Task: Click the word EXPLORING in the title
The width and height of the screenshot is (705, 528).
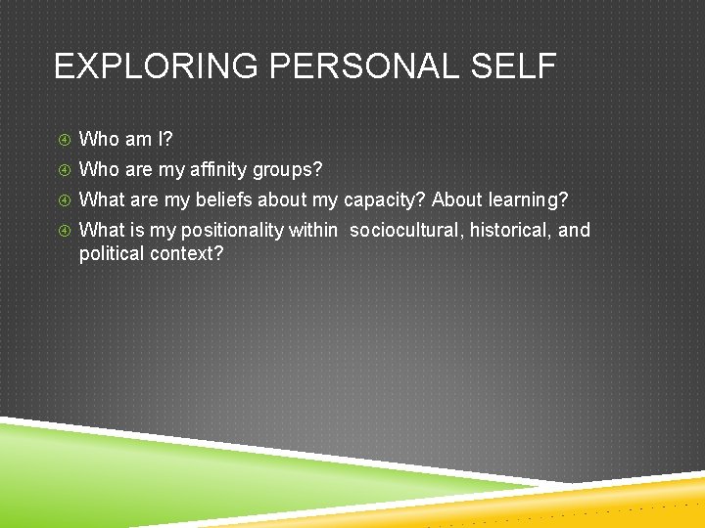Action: pyautogui.click(x=155, y=67)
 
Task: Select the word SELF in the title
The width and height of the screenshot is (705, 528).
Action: pyautogui.click(x=516, y=67)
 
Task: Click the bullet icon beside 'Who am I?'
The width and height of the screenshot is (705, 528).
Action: pyautogui.click(x=63, y=140)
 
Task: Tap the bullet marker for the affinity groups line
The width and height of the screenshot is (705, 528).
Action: pyautogui.click(x=63, y=170)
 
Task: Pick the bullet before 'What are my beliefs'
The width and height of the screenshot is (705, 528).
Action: pyautogui.click(x=63, y=200)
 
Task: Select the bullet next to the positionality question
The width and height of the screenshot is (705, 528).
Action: pyautogui.click(x=63, y=231)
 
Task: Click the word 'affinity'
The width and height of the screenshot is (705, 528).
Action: pyautogui.click(x=218, y=170)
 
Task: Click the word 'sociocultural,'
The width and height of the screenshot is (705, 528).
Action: pyautogui.click(x=403, y=231)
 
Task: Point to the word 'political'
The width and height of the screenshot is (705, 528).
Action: pyautogui.click(x=111, y=253)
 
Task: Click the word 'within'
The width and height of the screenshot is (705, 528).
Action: pyautogui.click(x=312, y=231)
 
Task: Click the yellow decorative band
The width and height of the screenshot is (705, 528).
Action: pyautogui.click(x=627, y=504)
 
